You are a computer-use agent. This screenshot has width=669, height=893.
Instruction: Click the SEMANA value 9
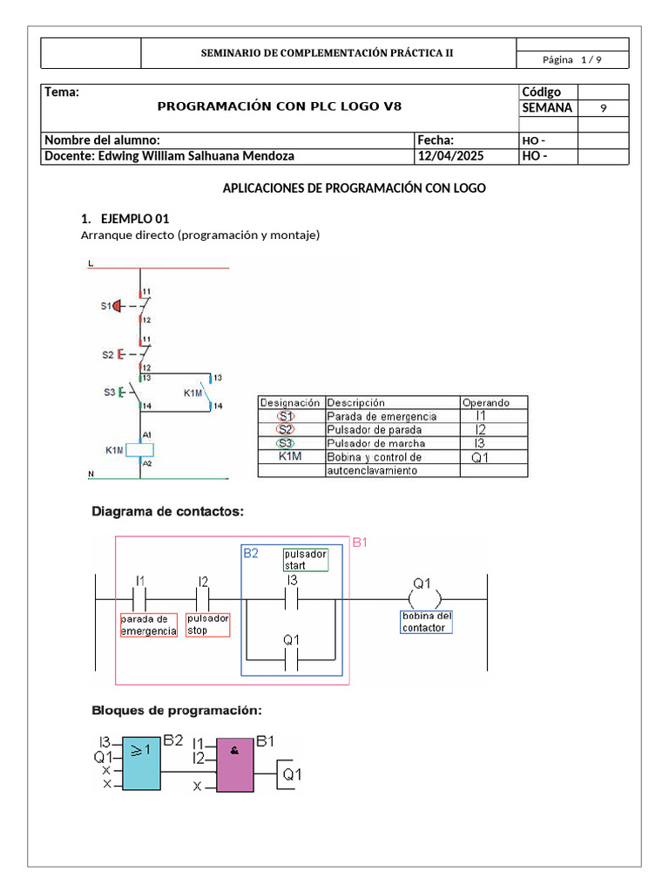[x=604, y=108]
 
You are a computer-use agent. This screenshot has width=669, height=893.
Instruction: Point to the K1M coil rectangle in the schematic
[x=141, y=450]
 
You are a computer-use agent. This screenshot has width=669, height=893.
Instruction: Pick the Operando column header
[x=492, y=403]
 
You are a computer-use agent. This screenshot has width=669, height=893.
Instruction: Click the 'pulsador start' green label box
[x=305, y=560]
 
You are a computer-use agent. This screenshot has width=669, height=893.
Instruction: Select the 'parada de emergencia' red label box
[x=148, y=624]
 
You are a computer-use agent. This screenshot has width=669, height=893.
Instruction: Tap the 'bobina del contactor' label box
[x=426, y=622]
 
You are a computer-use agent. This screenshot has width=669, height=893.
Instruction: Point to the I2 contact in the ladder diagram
[x=203, y=599]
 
